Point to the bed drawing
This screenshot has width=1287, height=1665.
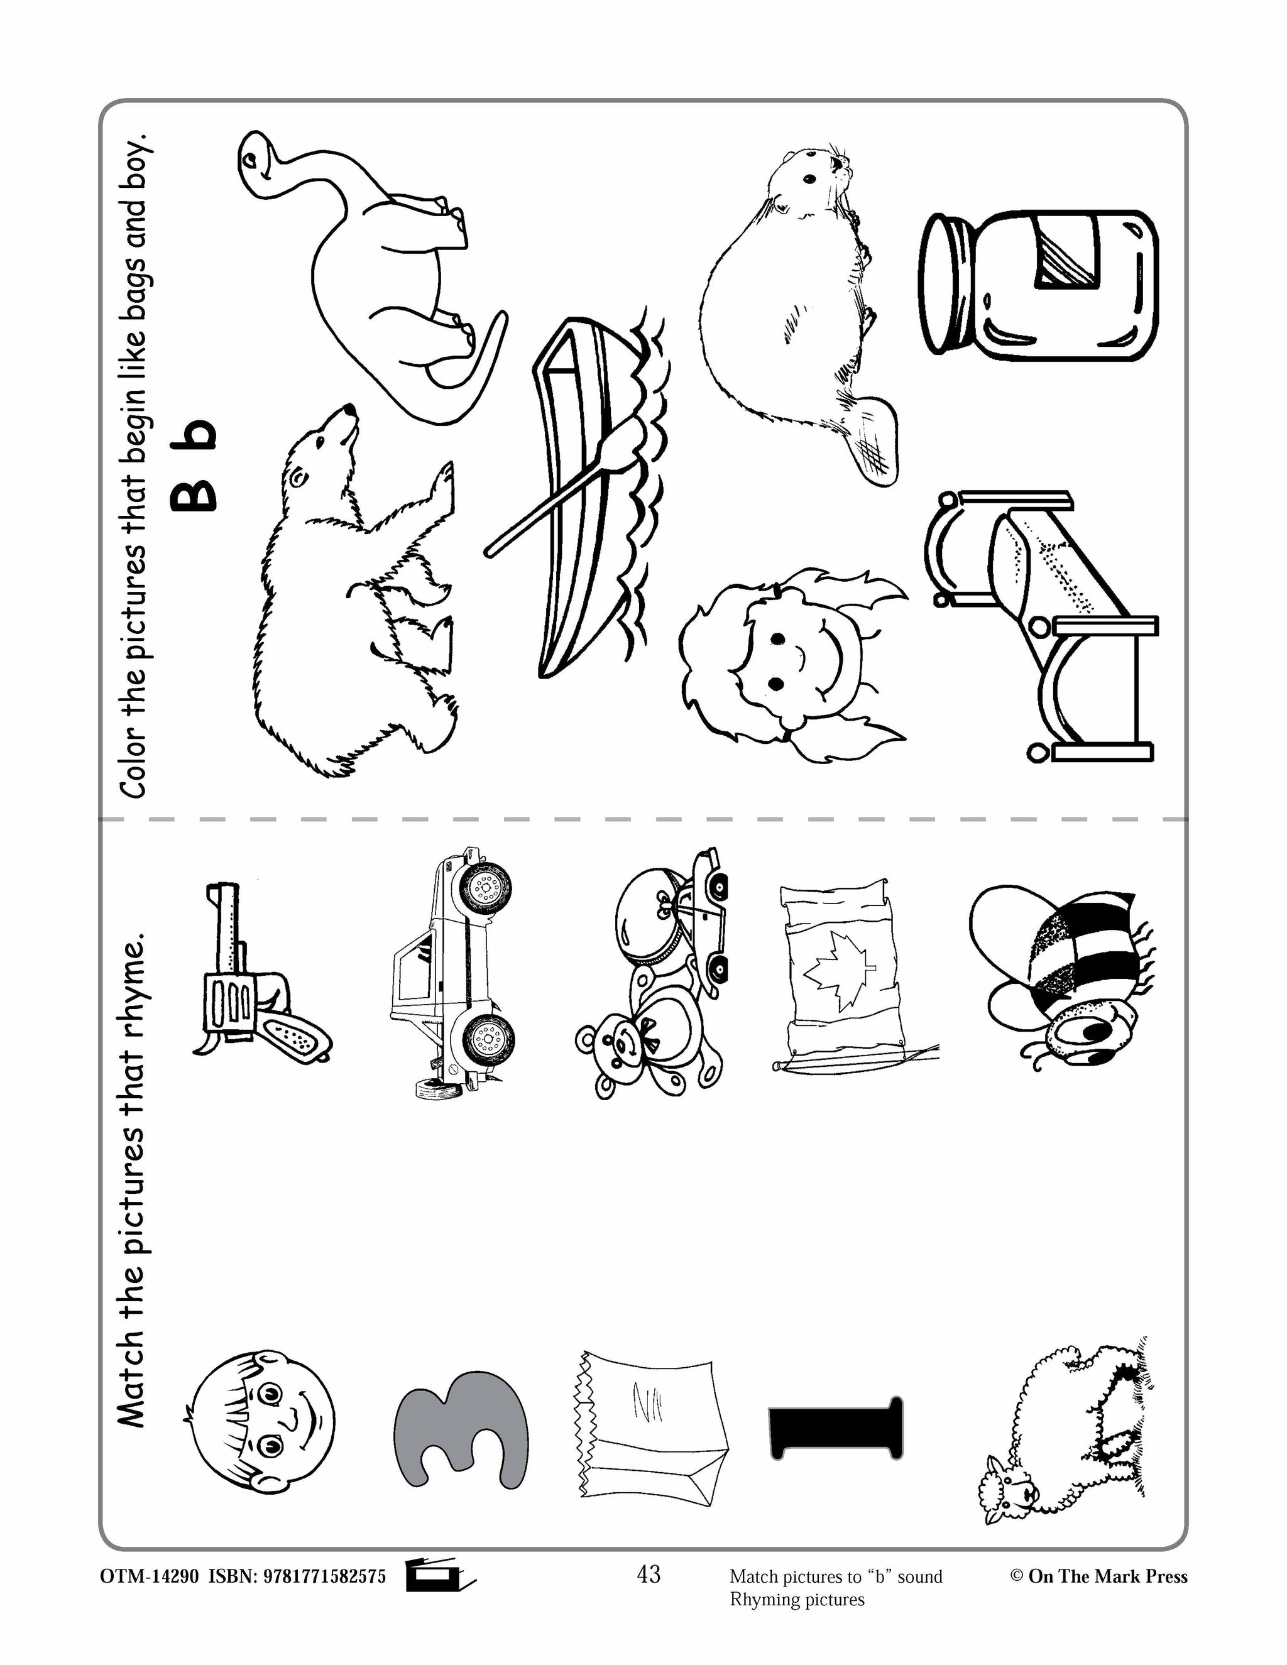pos(1044,625)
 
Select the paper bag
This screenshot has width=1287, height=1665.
pos(648,1426)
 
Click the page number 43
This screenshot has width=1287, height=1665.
pos(649,1573)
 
